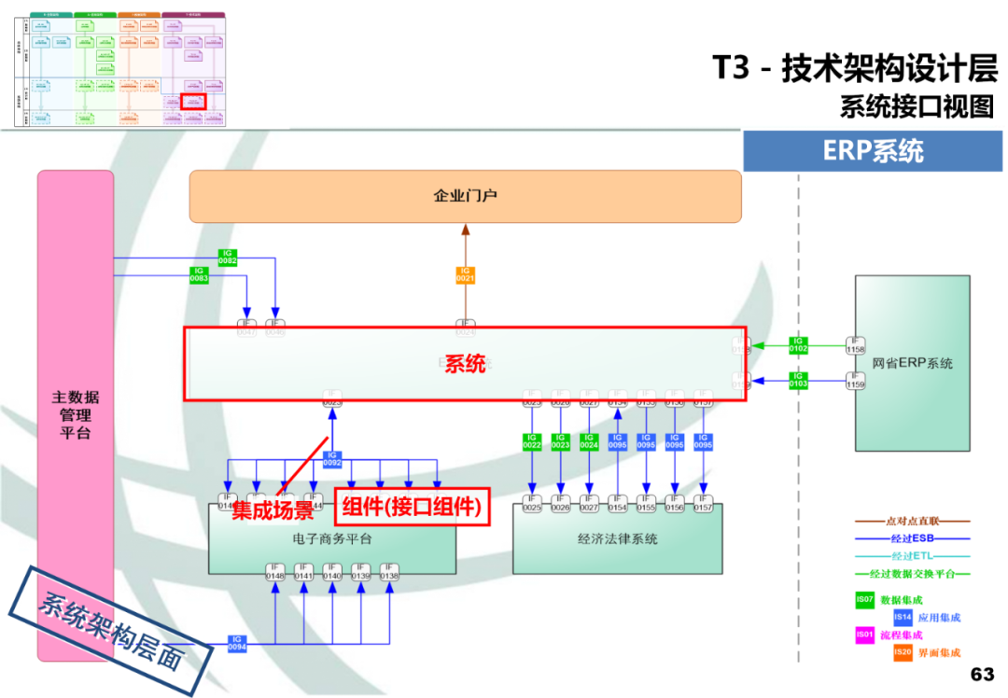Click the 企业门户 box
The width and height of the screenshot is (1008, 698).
tap(465, 196)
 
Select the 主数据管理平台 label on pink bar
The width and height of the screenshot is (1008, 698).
tap(75, 415)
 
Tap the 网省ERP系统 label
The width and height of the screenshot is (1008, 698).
tap(913, 363)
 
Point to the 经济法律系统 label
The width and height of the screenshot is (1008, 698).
tap(617, 538)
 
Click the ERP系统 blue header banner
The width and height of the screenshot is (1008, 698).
tap(874, 150)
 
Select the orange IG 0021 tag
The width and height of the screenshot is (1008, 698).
tap(466, 274)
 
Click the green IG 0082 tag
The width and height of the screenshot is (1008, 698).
tap(228, 257)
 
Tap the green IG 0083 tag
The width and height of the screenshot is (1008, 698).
tap(199, 274)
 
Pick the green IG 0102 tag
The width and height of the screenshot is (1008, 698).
tap(798, 345)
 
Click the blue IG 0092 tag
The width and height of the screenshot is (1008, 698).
tap(332, 459)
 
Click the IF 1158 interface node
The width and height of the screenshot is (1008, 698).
tap(855, 345)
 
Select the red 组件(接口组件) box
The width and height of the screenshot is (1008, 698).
tap(412, 507)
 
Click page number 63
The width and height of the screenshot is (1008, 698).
tap(982, 674)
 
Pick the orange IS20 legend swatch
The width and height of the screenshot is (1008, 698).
tap(902, 652)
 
